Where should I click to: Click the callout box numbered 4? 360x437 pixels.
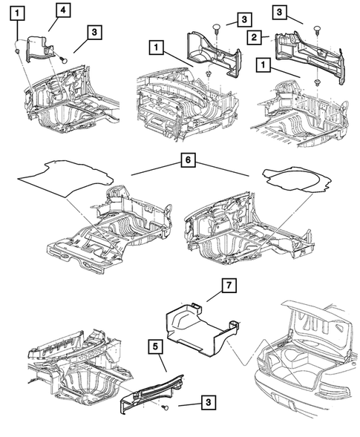pos(64,10)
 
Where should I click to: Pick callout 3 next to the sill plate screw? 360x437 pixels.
pos(209,403)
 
